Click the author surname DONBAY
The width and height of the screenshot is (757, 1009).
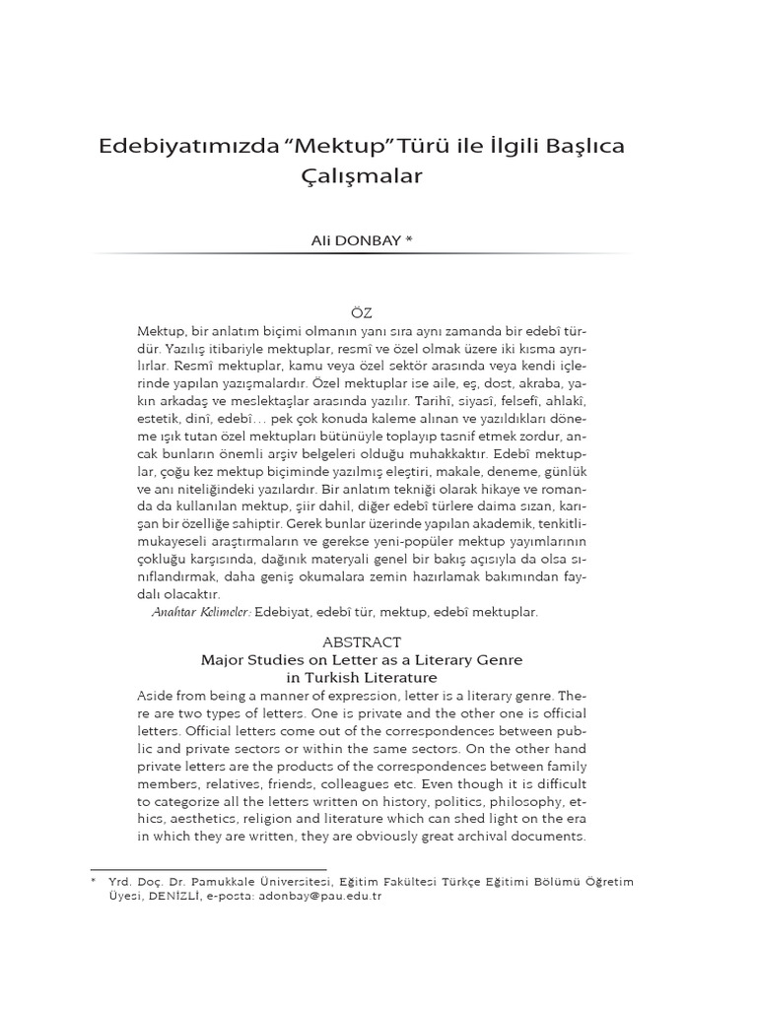tap(364, 239)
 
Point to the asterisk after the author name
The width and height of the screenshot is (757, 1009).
tap(408, 239)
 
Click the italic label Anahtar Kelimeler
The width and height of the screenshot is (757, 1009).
tap(202, 612)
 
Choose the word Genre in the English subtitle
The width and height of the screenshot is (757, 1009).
tap(498, 659)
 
